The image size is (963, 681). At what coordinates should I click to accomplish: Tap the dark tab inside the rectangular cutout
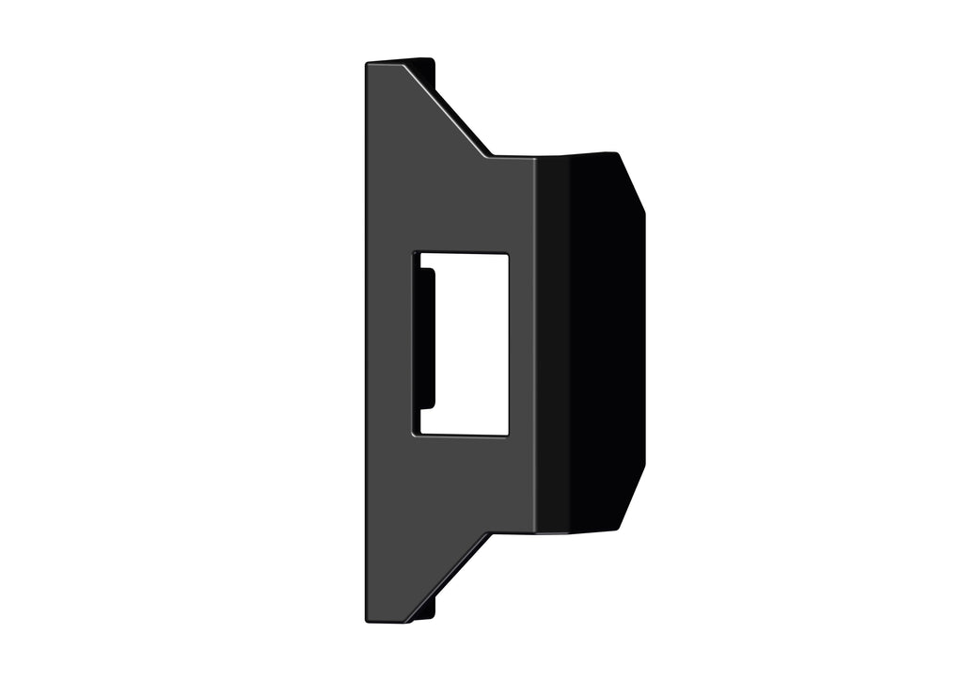pos(426,339)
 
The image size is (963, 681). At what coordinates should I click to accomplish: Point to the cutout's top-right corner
pos(508,253)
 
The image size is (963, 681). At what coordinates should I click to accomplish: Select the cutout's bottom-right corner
pos(508,435)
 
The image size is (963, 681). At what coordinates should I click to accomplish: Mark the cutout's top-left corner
pos(414,253)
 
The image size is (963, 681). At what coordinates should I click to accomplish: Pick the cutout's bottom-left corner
pos(414,435)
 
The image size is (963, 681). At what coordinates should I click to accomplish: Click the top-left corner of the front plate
pos(367,64)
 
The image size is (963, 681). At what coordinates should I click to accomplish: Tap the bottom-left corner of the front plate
pos(367,620)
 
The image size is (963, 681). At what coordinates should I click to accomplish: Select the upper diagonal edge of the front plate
pos(447,108)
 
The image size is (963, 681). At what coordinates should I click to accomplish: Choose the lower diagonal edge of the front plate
pos(449,577)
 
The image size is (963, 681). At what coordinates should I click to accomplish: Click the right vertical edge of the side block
pos(644,339)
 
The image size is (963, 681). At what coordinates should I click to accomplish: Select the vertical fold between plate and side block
pos(536,343)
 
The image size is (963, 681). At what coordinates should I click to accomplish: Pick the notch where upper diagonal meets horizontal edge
pos(489,156)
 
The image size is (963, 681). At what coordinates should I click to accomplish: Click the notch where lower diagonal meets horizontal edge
pos(489,533)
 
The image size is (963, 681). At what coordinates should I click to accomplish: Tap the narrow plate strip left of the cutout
pos(389,343)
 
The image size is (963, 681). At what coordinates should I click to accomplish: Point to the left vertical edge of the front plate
pos(366,343)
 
